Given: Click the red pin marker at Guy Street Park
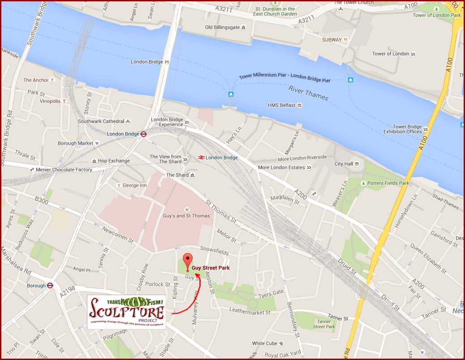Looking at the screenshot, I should pos(188,261).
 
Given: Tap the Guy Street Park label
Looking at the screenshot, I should pos(211,268).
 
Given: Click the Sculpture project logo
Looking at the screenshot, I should pos(126,312).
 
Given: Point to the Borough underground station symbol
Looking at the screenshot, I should pos(51,285).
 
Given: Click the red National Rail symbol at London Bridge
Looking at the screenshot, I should pos(201,158).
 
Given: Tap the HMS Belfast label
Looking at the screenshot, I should pos(282,105).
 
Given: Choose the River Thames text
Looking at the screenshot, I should pos(308,93).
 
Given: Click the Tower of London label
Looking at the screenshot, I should pos(391,54).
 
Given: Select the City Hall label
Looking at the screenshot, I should pos(344,164).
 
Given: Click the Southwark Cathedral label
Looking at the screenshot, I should pos(101,121).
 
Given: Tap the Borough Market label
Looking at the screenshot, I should pos(75,143).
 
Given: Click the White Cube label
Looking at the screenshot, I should pos(264,343).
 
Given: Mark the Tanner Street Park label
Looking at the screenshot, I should pos(324,324).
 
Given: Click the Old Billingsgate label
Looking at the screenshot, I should pos(222,27).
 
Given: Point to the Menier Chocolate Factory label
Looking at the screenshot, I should pos(64,170).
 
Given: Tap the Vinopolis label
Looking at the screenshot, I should pos(50,101).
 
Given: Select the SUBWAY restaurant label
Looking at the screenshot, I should pos(332,40).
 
